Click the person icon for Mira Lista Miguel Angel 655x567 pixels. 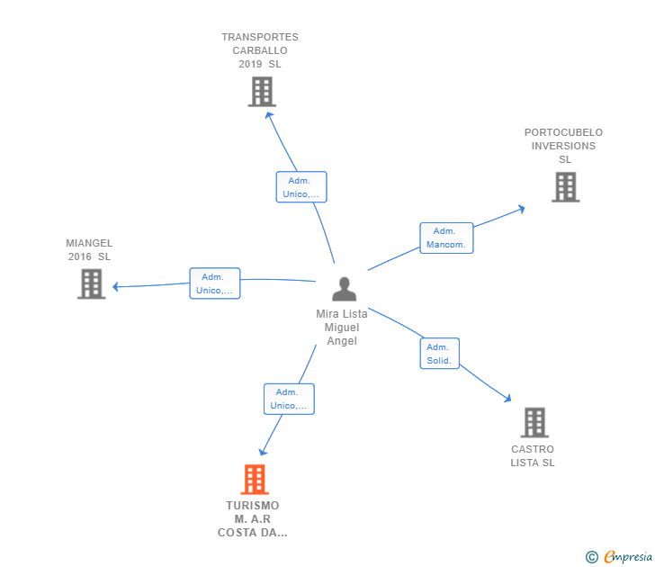click(x=344, y=289)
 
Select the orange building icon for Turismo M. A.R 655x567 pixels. click(x=255, y=480)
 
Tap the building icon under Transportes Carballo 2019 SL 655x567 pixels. click(x=262, y=92)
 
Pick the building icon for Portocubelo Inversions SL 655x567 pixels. click(x=565, y=187)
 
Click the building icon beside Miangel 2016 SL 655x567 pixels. click(x=91, y=283)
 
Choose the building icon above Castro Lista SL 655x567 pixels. click(x=534, y=422)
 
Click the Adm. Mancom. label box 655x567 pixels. click(x=446, y=238)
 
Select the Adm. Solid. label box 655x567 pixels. click(x=439, y=354)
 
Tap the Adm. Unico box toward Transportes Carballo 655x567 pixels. click(x=301, y=187)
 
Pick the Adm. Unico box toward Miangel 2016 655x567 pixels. click(x=215, y=283)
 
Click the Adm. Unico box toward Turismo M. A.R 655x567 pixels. click(x=289, y=399)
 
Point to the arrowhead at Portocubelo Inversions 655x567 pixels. click(x=521, y=209)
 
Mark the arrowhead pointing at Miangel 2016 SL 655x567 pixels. click(x=115, y=287)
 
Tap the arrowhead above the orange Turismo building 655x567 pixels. click(x=263, y=452)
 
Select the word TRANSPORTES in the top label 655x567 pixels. click(x=260, y=37)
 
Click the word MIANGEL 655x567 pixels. click(x=89, y=243)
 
